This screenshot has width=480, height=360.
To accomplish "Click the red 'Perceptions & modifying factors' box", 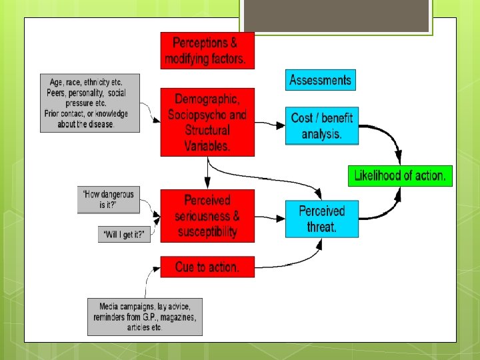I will coord(207,51).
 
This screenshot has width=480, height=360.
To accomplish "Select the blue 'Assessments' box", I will coord(320,80).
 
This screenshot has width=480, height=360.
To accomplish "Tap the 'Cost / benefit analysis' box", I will coord(321,125).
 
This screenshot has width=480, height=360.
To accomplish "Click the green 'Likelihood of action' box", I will coord(400,176).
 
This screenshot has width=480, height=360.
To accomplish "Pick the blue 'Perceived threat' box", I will coord(321,219).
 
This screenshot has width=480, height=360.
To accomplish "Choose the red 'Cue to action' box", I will coord(207,267).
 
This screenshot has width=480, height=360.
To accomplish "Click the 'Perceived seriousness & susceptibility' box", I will coord(207,216).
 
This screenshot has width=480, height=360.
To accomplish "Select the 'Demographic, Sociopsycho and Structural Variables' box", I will coord(207,122).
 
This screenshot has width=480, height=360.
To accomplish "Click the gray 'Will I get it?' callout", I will coord(124,234).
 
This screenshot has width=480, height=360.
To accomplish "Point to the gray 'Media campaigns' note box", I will coord(145,317).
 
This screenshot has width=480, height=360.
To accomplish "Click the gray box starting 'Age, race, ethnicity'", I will coord(90,103).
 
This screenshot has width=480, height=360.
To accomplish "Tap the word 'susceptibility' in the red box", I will coord(207,232).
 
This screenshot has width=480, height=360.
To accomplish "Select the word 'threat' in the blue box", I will coord(321,227).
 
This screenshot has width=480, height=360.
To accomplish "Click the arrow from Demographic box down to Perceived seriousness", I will coord(208,173).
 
